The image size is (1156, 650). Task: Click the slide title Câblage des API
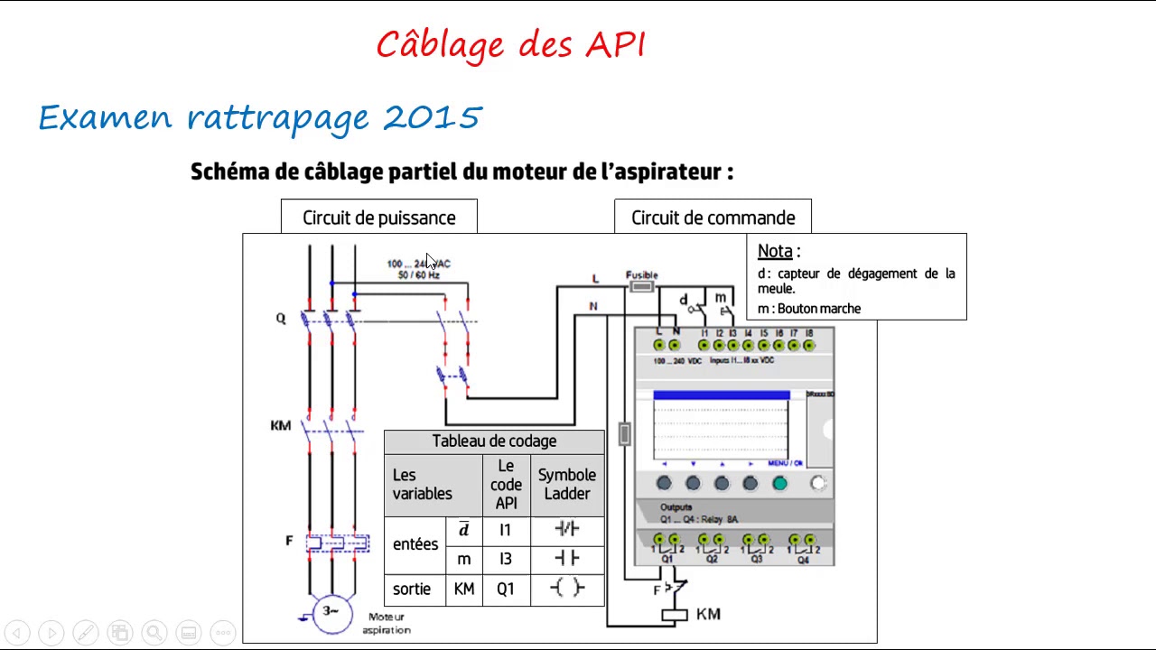(x=511, y=45)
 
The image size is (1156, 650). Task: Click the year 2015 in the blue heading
(x=433, y=117)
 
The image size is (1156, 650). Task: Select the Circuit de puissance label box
(x=378, y=218)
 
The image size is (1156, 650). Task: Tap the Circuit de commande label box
(x=713, y=218)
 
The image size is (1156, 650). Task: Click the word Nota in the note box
(x=775, y=251)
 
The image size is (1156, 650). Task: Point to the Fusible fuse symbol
(x=641, y=287)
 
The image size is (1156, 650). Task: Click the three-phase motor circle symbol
(x=331, y=613)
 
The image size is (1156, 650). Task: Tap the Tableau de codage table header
(x=494, y=441)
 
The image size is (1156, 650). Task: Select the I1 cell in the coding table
(x=505, y=530)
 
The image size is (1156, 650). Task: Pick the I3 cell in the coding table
(x=505, y=560)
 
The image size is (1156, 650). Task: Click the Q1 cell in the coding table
(x=505, y=589)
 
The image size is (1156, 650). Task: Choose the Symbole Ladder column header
(x=567, y=484)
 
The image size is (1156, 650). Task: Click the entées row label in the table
(x=415, y=544)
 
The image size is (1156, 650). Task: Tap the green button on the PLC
(x=779, y=484)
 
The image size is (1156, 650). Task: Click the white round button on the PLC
(x=818, y=484)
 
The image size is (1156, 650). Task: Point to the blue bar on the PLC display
(x=721, y=395)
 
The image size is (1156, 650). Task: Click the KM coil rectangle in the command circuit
(x=675, y=616)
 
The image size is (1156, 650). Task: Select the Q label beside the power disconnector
(x=281, y=319)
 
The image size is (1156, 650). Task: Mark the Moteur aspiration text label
(x=387, y=623)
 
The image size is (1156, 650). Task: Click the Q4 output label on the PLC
(x=803, y=560)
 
